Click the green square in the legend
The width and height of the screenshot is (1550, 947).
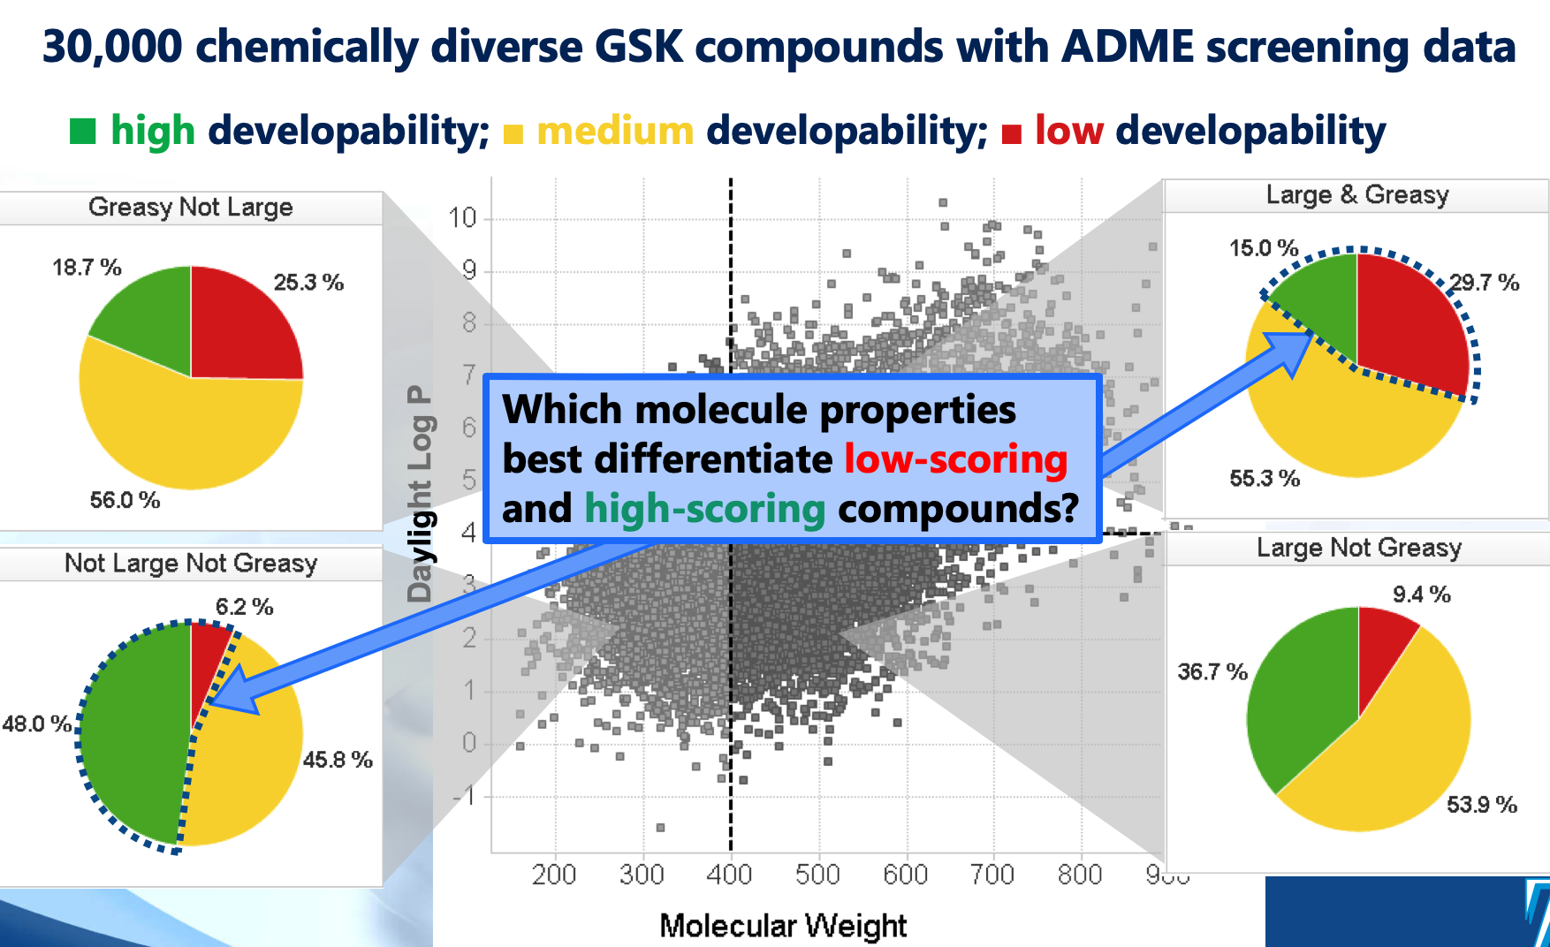(82, 132)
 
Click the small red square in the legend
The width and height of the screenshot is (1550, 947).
(1012, 134)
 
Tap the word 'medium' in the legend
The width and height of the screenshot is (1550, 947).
(615, 132)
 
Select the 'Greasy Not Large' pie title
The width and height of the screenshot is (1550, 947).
(190, 207)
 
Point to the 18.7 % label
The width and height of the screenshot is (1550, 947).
(87, 268)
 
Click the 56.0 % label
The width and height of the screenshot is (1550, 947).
(125, 500)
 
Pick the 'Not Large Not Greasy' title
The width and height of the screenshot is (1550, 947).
(190, 564)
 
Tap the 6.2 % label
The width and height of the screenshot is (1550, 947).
(244, 607)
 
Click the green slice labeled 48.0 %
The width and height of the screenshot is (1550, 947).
(133, 733)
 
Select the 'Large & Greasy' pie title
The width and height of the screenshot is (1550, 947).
(1356, 194)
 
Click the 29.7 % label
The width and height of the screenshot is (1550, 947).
(1485, 283)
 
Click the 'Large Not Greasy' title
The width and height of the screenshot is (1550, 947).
(1358, 548)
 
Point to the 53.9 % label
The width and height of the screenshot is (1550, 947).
(1481, 805)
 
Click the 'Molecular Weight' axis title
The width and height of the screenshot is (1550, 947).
(783, 926)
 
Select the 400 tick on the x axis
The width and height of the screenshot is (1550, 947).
(729, 875)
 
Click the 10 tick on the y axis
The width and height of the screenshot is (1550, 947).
(462, 217)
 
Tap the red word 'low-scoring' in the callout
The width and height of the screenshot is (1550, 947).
(955, 459)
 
